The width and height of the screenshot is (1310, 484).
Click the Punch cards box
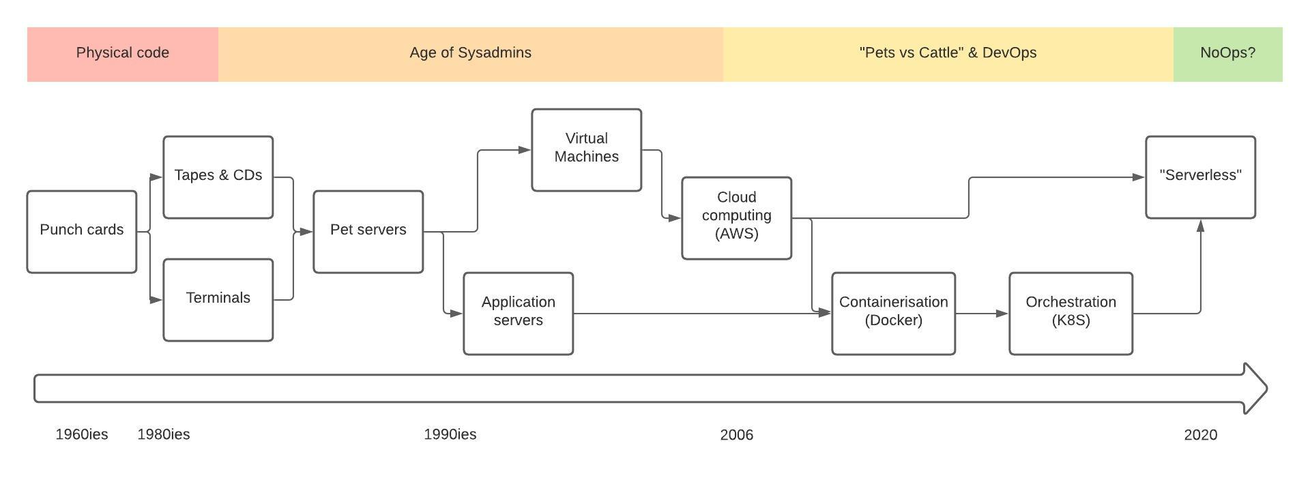[x=82, y=232]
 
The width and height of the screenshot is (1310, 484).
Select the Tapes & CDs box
[x=218, y=177]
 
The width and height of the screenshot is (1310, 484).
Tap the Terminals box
[x=218, y=300]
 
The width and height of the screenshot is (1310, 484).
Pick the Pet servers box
[x=368, y=232]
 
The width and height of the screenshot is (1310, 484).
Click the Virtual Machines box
[x=587, y=150]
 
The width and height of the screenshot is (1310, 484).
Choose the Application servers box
[x=519, y=314]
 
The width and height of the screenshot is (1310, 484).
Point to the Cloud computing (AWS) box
[x=737, y=218]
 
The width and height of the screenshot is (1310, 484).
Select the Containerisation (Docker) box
[x=894, y=314]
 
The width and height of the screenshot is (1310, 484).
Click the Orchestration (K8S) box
[x=1071, y=314]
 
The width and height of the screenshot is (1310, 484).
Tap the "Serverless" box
[x=1201, y=177]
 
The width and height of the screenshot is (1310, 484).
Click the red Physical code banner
[x=123, y=55]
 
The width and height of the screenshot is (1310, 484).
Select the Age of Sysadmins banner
[x=471, y=55]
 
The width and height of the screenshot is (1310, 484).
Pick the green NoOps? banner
[x=1228, y=55]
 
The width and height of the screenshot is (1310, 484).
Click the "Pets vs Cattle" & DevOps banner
[x=948, y=55]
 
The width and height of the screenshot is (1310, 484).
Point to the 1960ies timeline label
[x=82, y=435]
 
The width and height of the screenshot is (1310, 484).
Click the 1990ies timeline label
[x=450, y=435]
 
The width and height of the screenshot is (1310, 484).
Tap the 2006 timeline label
[x=737, y=435]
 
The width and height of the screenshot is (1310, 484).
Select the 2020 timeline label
[x=1201, y=435]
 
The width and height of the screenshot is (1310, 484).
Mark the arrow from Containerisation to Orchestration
[x=982, y=314]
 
